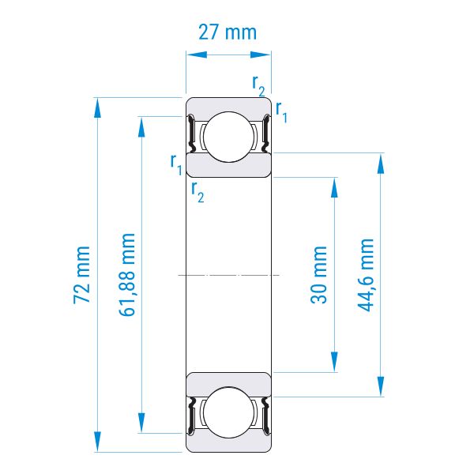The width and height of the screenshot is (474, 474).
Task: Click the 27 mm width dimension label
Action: pyautogui.click(x=228, y=32)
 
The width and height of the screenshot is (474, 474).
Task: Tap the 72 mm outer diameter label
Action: pyautogui.click(x=81, y=274)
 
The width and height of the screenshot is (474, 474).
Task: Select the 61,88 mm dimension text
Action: pyautogui.click(x=127, y=274)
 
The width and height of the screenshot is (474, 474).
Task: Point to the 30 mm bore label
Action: pyautogui.click(x=318, y=274)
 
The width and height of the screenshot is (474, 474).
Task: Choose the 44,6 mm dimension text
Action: pyautogui.click(x=366, y=274)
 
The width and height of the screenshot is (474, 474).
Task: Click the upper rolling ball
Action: pyautogui.click(x=228, y=137)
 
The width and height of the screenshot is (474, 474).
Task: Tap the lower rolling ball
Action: pyautogui.click(x=228, y=412)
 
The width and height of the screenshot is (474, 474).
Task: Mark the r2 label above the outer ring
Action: pyautogui.click(x=259, y=85)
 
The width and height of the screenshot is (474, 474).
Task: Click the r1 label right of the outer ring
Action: pyautogui.click(x=281, y=112)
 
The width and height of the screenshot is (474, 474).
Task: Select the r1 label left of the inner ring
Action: pyautogui.click(x=176, y=164)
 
